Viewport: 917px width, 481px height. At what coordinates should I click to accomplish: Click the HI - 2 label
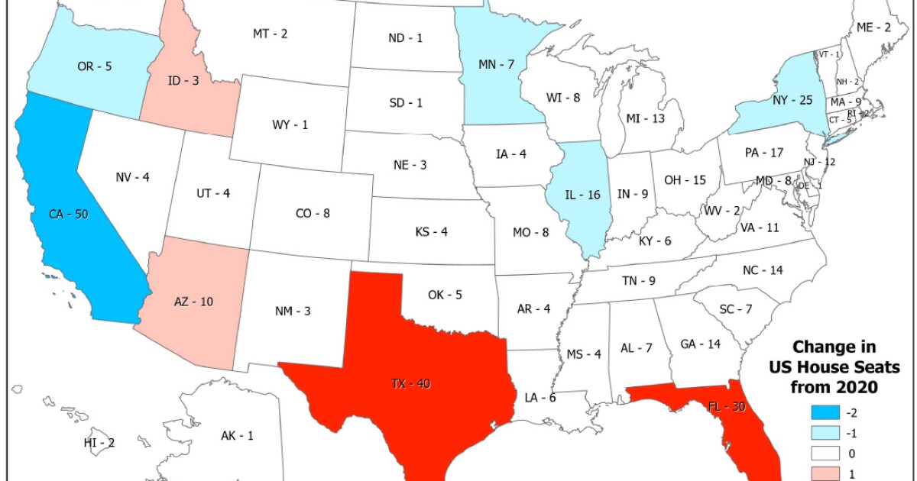tap(99, 442)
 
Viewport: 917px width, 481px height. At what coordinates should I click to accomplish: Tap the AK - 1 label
tap(237, 436)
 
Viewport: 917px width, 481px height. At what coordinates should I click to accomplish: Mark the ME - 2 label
tap(873, 27)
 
